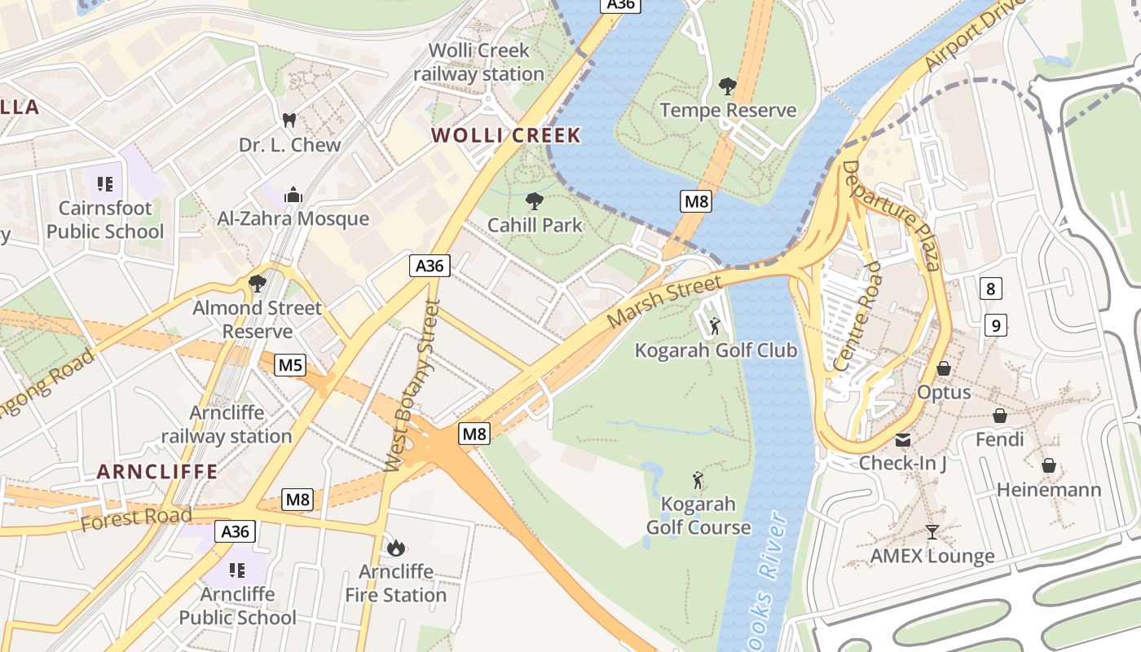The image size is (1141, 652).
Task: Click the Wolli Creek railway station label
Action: pos(478,62)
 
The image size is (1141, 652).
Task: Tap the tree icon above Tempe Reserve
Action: pos(728,86)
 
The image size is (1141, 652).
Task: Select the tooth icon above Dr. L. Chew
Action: pos(288,121)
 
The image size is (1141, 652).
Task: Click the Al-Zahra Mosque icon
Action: pos(293,195)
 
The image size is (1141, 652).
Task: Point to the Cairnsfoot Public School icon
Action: pos(104,183)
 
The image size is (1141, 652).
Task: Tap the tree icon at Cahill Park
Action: pos(535,200)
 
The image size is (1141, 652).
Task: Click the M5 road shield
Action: pos(291,364)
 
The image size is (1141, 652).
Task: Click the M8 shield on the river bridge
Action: pos(695,200)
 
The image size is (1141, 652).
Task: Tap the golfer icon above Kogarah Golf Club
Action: pos(715,326)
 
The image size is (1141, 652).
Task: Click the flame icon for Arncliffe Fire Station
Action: pos(396,548)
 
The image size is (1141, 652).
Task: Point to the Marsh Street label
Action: pos(664,302)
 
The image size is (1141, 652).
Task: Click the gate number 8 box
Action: pos(990,288)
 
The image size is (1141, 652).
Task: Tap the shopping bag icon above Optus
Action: pos(944,368)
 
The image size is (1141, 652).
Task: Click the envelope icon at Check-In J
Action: pos(903,440)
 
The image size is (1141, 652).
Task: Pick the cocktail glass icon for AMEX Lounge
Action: pos(932,532)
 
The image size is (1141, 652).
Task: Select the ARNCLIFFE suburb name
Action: pos(157,471)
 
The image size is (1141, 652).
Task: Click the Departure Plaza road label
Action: pos(891,214)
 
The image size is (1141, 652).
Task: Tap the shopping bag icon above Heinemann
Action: pos(1049,466)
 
